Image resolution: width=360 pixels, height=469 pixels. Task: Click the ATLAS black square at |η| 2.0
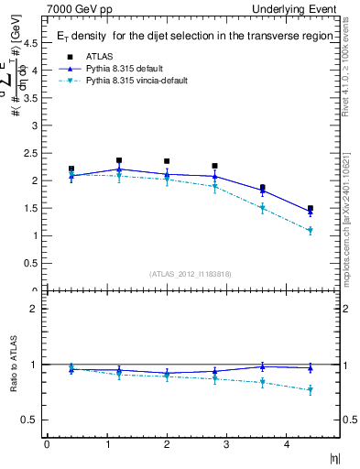pyautogui.click(x=167, y=161)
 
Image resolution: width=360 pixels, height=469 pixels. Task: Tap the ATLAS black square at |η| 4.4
pyautogui.click(x=311, y=209)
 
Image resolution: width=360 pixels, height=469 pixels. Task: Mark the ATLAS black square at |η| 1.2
pyautogui.click(x=119, y=160)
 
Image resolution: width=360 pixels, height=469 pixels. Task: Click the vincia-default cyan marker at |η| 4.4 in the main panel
pyautogui.click(x=311, y=231)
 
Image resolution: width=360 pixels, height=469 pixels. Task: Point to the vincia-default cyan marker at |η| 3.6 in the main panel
pyautogui.click(x=263, y=209)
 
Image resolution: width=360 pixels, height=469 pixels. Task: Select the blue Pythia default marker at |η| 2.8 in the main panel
pyautogui.click(x=214, y=176)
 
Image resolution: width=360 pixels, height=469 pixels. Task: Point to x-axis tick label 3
pyautogui.click(x=227, y=445)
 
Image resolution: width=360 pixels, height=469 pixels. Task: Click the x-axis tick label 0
pyautogui.click(x=48, y=445)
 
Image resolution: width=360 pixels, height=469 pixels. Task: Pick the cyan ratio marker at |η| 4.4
pyautogui.click(x=311, y=390)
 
